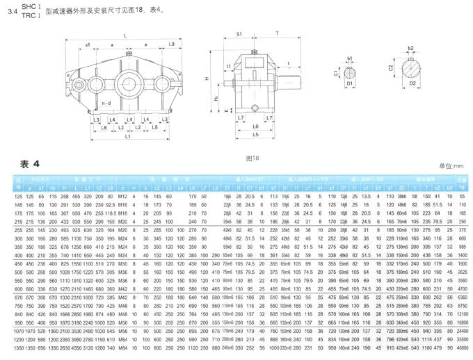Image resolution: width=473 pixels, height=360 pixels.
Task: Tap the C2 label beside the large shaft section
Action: click(391, 69)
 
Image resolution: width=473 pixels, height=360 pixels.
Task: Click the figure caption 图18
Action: click(252, 158)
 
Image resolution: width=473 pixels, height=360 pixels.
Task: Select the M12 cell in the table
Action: click(122, 197)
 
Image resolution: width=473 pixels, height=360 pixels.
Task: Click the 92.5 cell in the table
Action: click(109, 206)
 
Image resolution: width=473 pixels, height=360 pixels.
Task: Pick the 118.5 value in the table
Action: click(109, 213)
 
